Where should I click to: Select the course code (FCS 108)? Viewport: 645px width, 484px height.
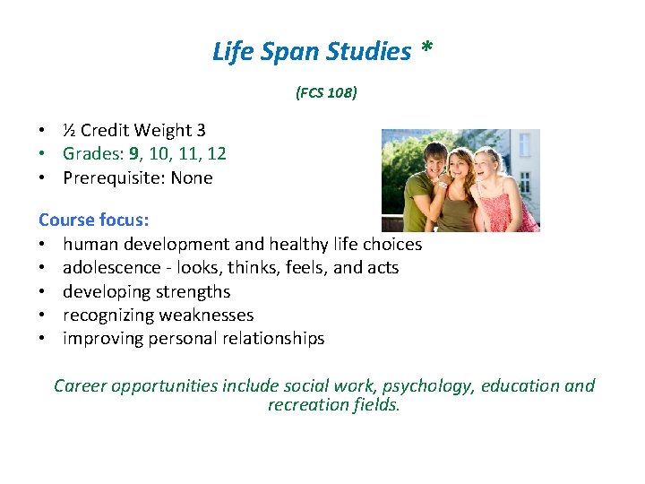pyautogui.click(x=326, y=92)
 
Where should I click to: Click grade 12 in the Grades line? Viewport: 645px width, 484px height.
pyautogui.click(x=215, y=154)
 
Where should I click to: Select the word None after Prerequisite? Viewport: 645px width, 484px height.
pyautogui.click(x=192, y=177)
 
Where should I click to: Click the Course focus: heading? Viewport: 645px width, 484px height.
pyautogui.click(x=93, y=220)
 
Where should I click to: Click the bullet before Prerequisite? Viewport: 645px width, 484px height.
pyautogui.click(x=43, y=177)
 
